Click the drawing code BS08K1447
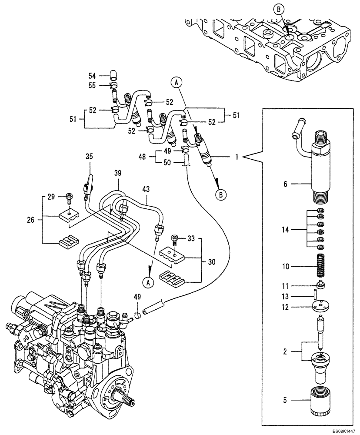tap(341, 430)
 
